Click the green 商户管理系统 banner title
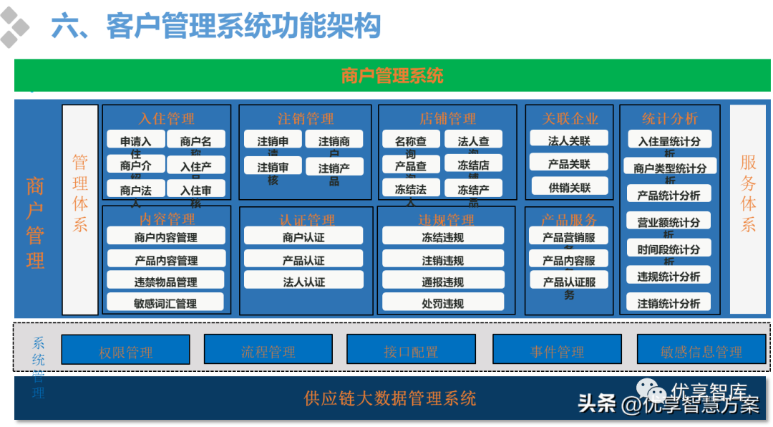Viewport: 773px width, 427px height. click(392, 75)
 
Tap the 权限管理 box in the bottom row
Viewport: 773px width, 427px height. click(126, 351)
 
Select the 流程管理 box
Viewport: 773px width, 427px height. click(268, 351)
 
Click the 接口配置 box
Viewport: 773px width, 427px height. click(411, 351)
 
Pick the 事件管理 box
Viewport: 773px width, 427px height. click(557, 351)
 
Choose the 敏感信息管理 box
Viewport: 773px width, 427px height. click(701, 351)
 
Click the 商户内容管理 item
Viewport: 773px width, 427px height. click(166, 236)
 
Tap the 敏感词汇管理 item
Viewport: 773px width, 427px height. click(165, 302)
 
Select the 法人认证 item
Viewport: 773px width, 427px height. click(303, 281)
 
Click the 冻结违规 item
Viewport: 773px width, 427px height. click(442, 236)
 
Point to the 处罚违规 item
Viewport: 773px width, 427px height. click(442, 302)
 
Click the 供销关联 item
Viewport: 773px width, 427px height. click(569, 187)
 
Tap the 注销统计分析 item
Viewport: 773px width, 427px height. click(669, 302)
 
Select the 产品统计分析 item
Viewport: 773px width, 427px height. click(669, 194)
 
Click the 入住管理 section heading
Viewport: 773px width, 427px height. click(166, 118)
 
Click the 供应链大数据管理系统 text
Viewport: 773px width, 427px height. click(390, 398)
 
